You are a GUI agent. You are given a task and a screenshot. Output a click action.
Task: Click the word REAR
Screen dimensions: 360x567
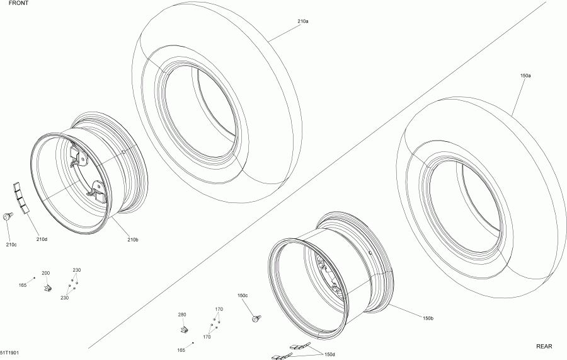[x=544, y=346]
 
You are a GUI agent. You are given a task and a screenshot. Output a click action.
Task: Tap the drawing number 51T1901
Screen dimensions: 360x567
[x=9, y=353]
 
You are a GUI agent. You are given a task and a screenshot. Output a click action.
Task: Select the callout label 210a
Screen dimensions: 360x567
[x=302, y=21]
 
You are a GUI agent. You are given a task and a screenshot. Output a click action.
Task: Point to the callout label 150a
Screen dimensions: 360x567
[x=525, y=75]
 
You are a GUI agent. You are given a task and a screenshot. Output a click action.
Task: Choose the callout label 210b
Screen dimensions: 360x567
[x=132, y=239]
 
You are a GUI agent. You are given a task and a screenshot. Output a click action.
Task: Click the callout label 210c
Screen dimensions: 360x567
[x=11, y=244]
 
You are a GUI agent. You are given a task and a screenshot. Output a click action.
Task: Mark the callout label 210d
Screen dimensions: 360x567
[x=42, y=239]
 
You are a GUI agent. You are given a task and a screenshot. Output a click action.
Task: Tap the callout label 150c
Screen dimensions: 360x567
[x=243, y=296]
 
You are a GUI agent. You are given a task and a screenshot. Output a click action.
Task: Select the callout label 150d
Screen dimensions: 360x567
[x=329, y=354]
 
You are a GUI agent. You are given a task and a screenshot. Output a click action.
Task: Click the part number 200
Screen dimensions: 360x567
[x=45, y=273]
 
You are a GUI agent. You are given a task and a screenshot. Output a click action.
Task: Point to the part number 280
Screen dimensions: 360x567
[x=181, y=314]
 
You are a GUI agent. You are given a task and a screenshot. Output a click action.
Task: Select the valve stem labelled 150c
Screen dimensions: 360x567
[x=257, y=318]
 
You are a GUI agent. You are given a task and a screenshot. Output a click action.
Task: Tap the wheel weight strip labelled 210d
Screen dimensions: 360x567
[x=21, y=197]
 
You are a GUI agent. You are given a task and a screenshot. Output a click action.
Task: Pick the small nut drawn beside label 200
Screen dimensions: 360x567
[x=47, y=288]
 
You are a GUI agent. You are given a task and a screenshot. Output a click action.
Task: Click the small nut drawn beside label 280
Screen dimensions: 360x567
[x=183, y=329]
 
